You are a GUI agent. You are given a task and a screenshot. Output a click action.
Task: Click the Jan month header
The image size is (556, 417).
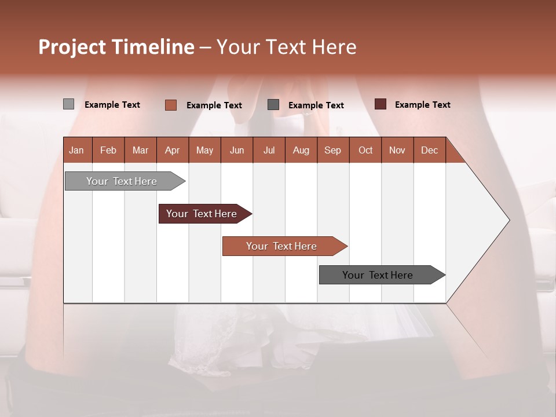tap(76, 150)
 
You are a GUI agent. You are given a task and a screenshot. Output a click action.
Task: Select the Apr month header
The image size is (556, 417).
tap(172, 150)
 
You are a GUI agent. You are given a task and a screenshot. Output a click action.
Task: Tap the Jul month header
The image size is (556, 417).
tap(269, 150)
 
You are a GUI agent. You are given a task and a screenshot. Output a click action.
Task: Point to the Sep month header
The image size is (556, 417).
tap(332, 150)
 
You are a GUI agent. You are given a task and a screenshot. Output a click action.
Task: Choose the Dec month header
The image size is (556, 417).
tap(429, 150)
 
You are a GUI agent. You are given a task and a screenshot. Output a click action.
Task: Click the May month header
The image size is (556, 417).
tap(204, 150)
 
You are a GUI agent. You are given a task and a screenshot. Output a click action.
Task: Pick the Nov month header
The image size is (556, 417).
tap(397, 150)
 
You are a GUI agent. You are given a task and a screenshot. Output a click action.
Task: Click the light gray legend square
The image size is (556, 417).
tap(68, 104)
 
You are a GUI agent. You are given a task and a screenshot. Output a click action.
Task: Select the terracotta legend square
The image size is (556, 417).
tap(171, 105)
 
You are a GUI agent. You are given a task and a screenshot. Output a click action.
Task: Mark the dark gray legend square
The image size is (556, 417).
tap(273, 104)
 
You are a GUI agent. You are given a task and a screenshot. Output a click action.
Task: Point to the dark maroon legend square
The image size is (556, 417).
tap(381, 104)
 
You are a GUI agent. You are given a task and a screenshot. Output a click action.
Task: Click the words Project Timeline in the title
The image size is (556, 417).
tap(116, 47)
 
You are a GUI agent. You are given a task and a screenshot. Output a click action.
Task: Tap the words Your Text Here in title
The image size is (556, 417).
tap(286, 47)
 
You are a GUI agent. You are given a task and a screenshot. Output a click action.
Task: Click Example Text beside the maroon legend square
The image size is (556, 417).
tap(422, 105)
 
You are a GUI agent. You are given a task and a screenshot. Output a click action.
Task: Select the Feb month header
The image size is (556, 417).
tap(108, 150)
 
